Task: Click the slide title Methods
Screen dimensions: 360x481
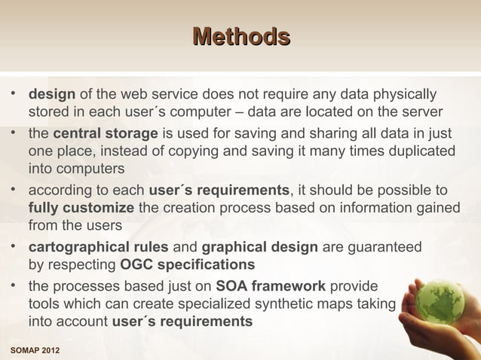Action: tap(240, 36)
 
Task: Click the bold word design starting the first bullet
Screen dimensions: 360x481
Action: tap(51, 96)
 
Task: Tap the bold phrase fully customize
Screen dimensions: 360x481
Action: tap(81, 207)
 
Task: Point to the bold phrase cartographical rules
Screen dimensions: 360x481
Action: tap(100, 247)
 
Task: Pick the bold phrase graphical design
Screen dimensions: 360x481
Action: tap(259, 247)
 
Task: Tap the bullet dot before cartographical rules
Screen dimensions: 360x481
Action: tap(14, 247)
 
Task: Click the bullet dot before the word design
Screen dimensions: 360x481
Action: tap(14, 96)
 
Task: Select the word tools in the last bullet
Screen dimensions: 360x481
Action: tap(44, 304)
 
